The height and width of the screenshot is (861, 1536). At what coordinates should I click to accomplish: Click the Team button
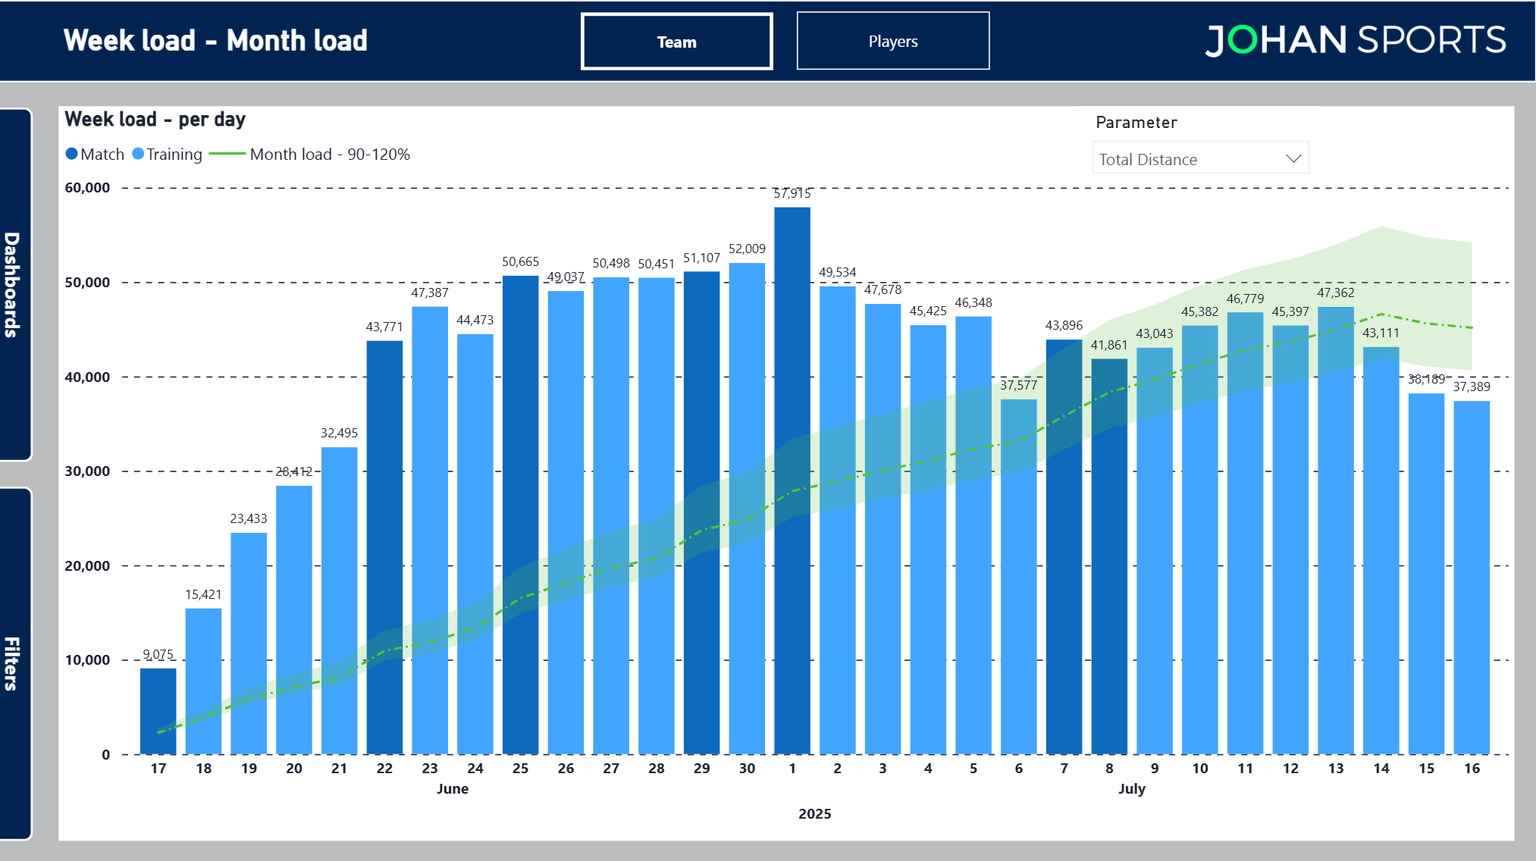click(x=676, y=42)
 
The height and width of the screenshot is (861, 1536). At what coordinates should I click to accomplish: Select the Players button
click(x=892, y=41)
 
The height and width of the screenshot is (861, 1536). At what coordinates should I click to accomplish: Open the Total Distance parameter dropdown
click(x=1199, y=159)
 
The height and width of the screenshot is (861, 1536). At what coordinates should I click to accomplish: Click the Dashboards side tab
click(x=14, y=284)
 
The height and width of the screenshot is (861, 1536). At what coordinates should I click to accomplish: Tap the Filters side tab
click(x=14, y=663)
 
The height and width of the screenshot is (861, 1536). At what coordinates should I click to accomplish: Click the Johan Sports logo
click(x=1355, y=40)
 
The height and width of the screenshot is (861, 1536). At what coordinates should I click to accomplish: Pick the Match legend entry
click(x=95, y=154)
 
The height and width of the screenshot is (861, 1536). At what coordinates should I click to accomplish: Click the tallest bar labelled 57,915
click(x=792, y=480)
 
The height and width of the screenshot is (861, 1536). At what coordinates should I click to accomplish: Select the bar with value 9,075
click(x=158, y=711)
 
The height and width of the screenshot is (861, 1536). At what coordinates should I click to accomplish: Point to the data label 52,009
click(x=747, y=249)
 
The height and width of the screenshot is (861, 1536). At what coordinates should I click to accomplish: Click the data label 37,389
click(x=1471, y=387)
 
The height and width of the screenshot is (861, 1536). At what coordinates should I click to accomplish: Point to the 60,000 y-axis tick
click(x=87, y=188)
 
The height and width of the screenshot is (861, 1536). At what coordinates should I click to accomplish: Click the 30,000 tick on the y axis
click(x=87, y=471)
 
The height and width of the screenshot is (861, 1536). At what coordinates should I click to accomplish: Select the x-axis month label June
click(x=452, y=789)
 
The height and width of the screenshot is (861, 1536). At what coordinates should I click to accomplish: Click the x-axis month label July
click(x=1131, y=789)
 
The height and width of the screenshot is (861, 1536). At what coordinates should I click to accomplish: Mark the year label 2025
click(x=814, y=814)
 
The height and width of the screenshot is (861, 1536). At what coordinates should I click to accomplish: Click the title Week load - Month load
click(x=215, y=41)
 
